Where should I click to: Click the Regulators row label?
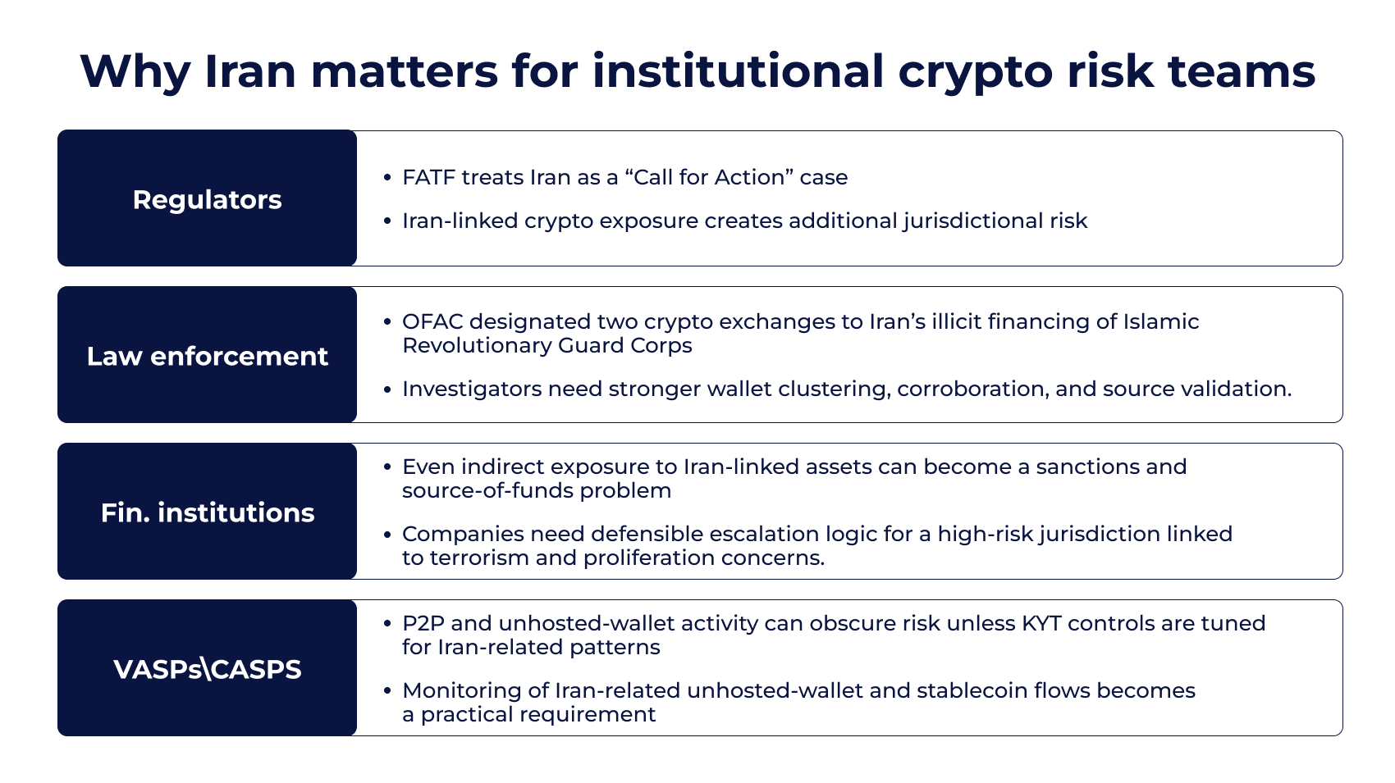tap(207, 199)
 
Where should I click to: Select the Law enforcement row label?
tap(207, 356)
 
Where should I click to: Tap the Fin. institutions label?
tap(207, 512)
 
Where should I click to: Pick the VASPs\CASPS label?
tap(207, 669)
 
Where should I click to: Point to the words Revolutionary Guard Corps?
tap(547, 345)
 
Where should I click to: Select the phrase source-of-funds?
tap(487, 490)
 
